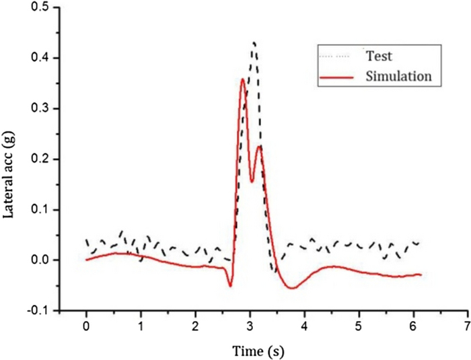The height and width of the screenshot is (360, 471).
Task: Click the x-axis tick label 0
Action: (x=86, y=324)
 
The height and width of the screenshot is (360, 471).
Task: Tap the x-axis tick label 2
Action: (x=195, y=324)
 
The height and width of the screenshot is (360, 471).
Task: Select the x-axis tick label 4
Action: (x=304, y=324)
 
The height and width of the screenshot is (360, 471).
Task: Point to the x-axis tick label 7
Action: (x=467, y=324)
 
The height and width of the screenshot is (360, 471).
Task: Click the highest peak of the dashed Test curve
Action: (x=254, y=42)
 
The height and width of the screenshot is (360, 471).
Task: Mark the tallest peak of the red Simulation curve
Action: (x=242, y=79)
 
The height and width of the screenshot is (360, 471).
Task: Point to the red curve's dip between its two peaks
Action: (x=252, y=181)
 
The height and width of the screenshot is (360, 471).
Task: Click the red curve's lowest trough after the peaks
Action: (x=291, y=288)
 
